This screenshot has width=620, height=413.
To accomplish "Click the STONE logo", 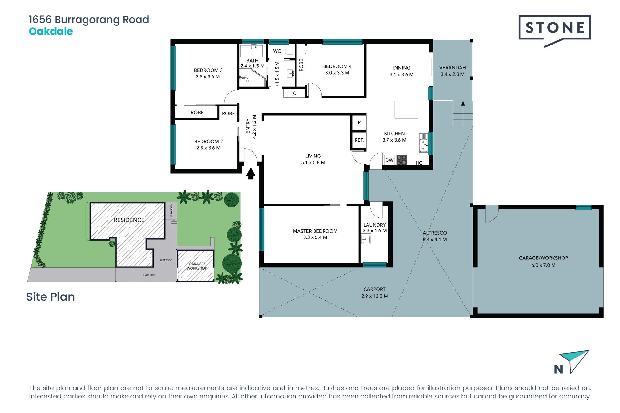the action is (x=554, y=31).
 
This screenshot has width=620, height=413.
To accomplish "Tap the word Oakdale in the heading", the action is (x=51, y=31).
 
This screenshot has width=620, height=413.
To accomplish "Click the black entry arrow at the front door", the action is (x=251, y=174).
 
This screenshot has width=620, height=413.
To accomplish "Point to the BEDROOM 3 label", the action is (x=208, y=70).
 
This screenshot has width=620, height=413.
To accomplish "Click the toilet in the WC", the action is (x=290, y=51).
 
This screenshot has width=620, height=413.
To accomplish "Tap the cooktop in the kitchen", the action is (x=402, y=160).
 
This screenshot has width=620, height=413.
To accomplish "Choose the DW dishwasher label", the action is (x=389, y=160).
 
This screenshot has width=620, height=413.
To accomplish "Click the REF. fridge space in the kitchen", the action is (x=359, y=140).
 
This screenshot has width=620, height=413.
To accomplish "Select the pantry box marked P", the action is (x=359, y=123).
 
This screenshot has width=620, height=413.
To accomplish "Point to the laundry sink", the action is (x=366, y=239).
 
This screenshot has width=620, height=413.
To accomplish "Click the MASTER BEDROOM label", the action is (x=315, y=231).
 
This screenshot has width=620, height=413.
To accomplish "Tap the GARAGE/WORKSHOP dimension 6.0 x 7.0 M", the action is (x=543, y=265).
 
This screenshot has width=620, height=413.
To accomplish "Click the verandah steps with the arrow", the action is (x=463, y=113).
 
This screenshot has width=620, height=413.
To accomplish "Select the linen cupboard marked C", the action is (x=294, y=93).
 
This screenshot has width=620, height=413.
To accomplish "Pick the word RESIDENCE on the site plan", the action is (x=129, y=220).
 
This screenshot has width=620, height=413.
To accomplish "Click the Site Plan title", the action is (x=50, y=297).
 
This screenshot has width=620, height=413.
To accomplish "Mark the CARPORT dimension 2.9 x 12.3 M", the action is (x=375, y=296).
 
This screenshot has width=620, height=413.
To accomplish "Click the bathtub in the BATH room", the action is (x=251, y=51).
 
